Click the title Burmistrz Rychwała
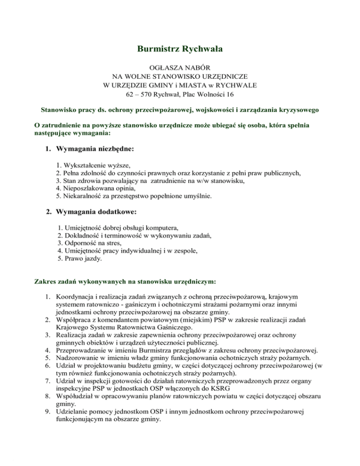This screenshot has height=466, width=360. pyautogui.click(x=180, y=49)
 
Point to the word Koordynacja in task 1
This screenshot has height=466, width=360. pyautogui.click(x=75, y=296)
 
